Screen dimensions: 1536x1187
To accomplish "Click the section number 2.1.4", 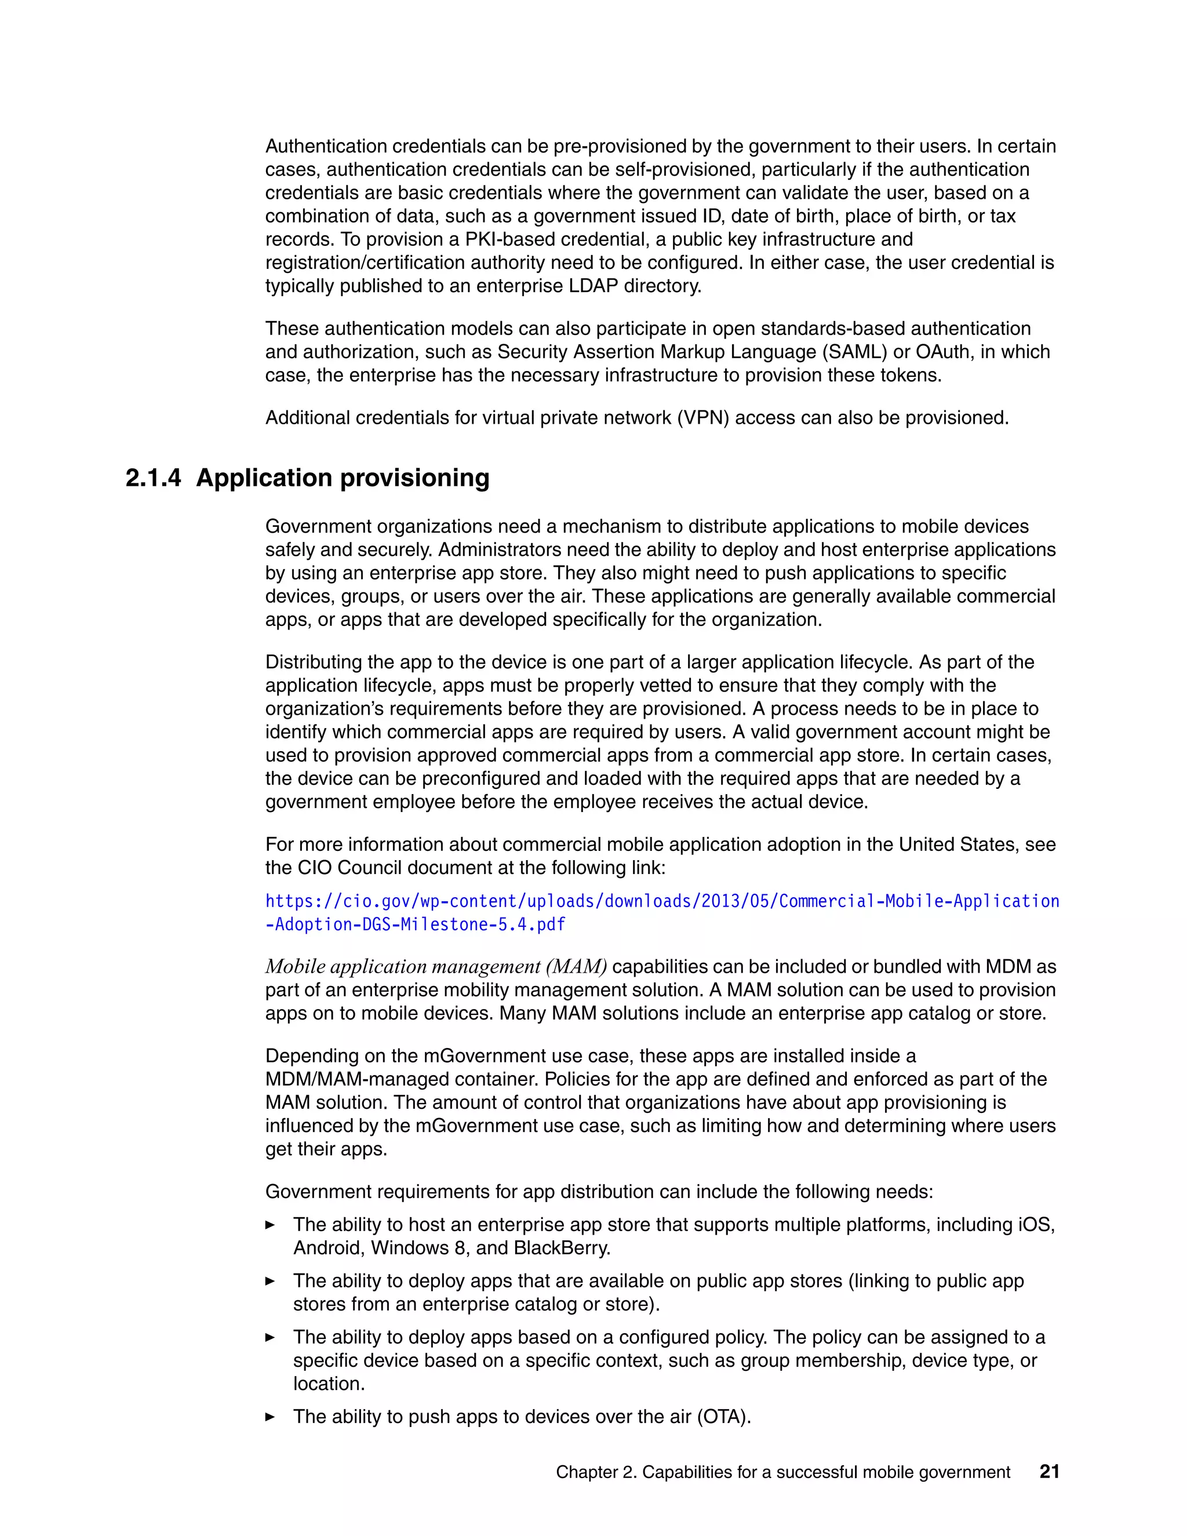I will pos(152,478).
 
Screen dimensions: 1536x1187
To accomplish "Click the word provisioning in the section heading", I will pos(415,478).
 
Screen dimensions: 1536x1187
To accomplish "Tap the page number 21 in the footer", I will pos(1048,1471).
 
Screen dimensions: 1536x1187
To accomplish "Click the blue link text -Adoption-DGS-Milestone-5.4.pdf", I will pos(415,924).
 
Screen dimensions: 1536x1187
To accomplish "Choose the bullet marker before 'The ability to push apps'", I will pos(270,1417).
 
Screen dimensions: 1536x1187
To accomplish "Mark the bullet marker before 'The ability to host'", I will pos(270,1224).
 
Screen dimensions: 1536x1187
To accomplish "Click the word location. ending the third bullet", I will pos(329,1384).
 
